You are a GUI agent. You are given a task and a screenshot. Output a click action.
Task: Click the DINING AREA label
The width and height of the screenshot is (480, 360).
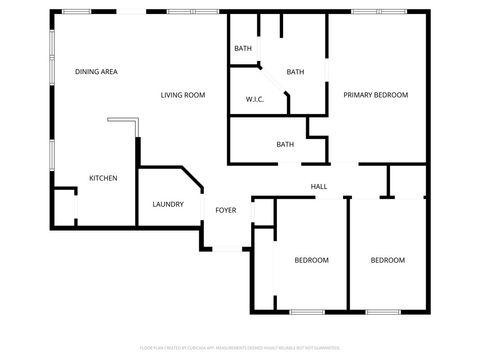97,72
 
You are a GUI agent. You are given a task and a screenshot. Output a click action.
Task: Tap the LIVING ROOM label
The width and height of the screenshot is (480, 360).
183,95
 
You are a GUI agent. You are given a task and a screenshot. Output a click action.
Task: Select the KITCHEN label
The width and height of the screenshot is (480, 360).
103,178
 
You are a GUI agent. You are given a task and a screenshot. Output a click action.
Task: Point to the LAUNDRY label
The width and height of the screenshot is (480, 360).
167,204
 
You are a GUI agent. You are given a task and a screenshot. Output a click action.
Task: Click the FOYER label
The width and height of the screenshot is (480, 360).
226,210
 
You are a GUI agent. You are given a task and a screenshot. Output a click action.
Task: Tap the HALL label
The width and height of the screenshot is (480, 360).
319,187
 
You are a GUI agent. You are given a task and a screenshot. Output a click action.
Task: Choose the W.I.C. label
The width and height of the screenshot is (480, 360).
254,99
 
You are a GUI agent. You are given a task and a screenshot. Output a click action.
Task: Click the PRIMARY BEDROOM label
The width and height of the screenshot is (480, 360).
376,95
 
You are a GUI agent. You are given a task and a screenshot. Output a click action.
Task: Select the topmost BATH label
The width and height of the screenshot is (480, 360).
243,48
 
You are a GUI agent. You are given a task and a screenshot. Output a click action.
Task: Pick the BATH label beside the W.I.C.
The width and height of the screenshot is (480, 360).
295,72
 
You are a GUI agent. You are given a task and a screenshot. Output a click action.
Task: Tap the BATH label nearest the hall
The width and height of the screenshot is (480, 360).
285,145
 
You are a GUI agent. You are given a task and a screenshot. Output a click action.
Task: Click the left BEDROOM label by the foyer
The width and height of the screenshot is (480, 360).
311,260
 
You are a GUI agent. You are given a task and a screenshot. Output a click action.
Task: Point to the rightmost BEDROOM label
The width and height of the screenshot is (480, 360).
388,260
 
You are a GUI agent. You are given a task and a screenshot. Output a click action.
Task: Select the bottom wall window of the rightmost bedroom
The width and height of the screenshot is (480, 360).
381,313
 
